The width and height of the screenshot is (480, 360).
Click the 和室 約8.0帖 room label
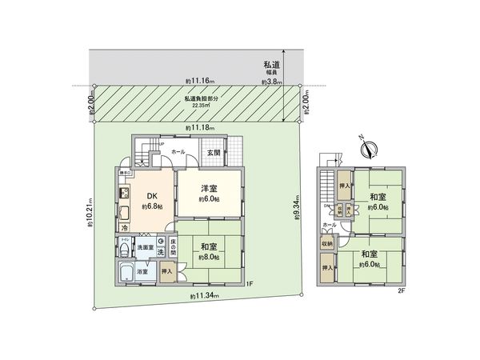pos(209,252)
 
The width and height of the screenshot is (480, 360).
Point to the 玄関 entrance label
pos(214,151)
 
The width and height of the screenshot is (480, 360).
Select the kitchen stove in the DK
pos(126,194)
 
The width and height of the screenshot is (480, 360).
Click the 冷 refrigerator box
pos(125,228)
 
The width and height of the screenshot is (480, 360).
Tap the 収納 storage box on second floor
pos(327,244)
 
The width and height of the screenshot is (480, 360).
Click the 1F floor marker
pos(250,284)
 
